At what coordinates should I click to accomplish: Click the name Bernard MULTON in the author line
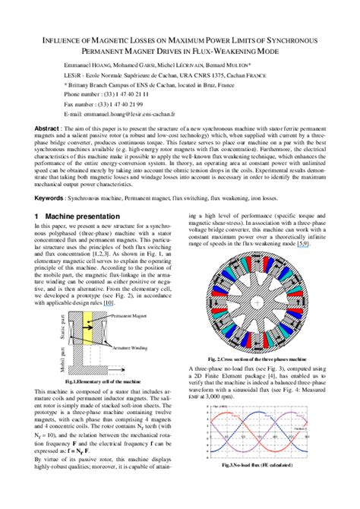pos(232,65)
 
